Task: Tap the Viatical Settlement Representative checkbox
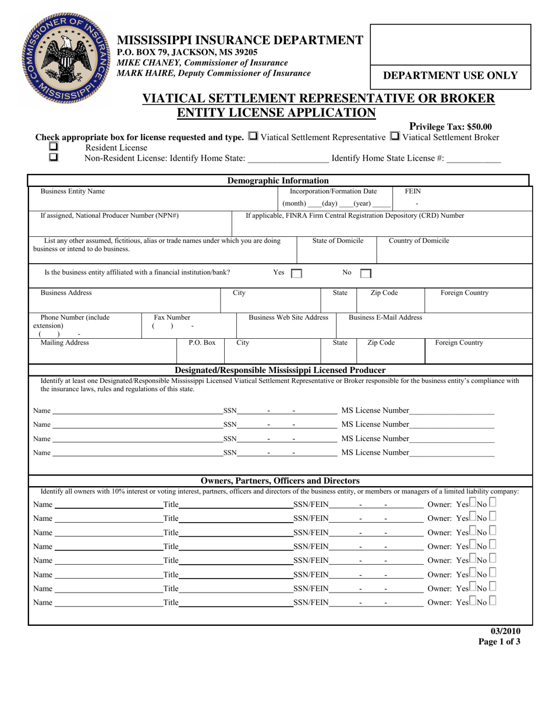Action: [x=253, y=137]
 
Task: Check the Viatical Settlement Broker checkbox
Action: [x=394, y=137]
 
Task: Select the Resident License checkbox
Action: [x=54, y=147]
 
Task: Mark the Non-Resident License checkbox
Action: [x=54, y=157]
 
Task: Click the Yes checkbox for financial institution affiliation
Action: [x=296, y=273]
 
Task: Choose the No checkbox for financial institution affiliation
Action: [x=366, y=273]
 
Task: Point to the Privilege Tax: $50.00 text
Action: [x=451, y=126]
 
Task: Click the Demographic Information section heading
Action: [x=278, y=180]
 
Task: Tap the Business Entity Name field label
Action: [x=73, y=191]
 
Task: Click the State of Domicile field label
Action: [x=338, y=240]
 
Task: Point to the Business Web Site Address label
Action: [x=288, y=317]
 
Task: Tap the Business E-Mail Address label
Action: [x=385, y=317]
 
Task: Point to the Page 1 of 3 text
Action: [x=499, y=642]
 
